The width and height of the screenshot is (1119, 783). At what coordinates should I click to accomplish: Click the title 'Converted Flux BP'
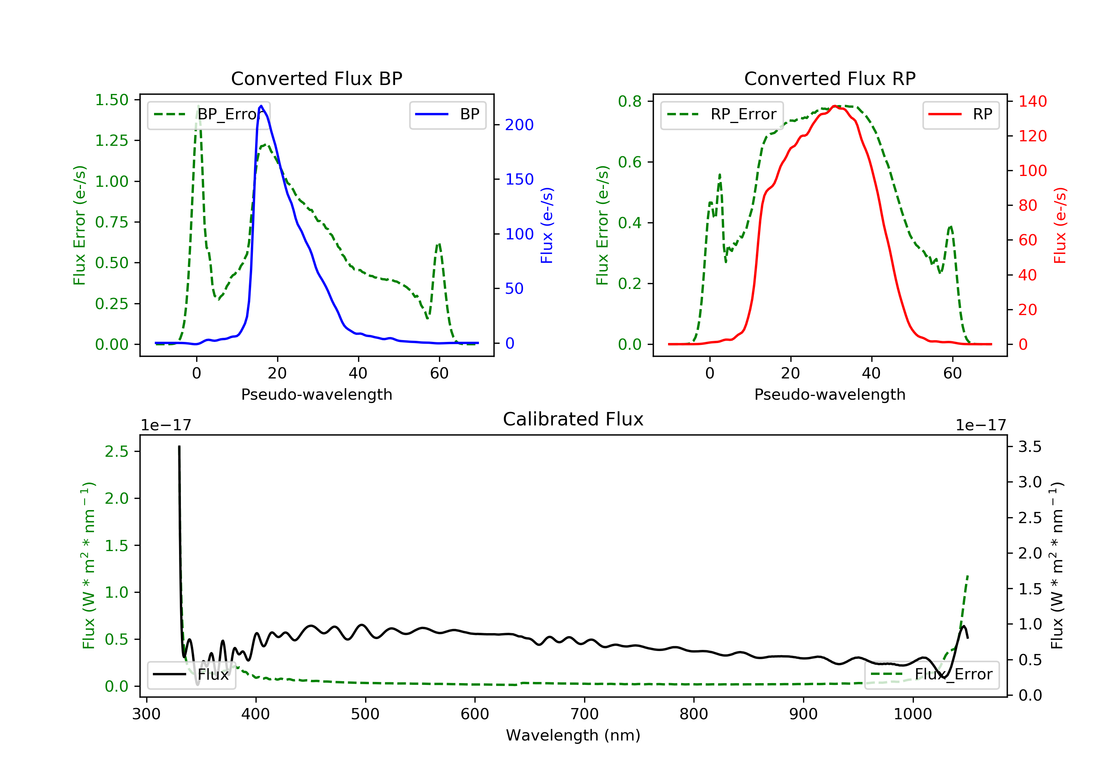tap(316, 78)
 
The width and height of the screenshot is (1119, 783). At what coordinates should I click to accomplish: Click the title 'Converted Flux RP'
tap(830, 78)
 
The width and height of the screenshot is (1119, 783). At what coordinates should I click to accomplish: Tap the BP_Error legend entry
tap(209, 114)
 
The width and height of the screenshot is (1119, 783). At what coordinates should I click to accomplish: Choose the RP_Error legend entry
tap(722, 114)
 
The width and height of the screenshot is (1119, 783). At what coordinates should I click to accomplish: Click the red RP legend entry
tap(960, 114)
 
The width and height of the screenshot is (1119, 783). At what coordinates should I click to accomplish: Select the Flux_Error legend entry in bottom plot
tap(931, 674)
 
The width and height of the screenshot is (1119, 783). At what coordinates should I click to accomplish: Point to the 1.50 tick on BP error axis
tap(112, 100)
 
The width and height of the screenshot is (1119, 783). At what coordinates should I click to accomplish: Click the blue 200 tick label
tap(519, 125)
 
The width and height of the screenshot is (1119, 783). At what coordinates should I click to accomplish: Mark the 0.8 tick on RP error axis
tap(630, 101)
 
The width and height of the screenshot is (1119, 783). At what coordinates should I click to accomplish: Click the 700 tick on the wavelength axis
tap(584, 714)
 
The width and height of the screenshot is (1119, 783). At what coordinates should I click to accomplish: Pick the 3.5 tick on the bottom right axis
tap(1029, 447)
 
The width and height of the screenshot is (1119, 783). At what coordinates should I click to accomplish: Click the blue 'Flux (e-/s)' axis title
tap(547, 226)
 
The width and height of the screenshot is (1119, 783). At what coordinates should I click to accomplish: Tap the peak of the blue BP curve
tap(261, 106)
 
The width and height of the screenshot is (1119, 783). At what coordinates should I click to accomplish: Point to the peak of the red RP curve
tap(835, 106)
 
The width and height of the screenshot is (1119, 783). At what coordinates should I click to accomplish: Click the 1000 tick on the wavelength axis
tap(913, 714)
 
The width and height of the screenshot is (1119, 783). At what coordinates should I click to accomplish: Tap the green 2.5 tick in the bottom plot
tap(116, 452)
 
